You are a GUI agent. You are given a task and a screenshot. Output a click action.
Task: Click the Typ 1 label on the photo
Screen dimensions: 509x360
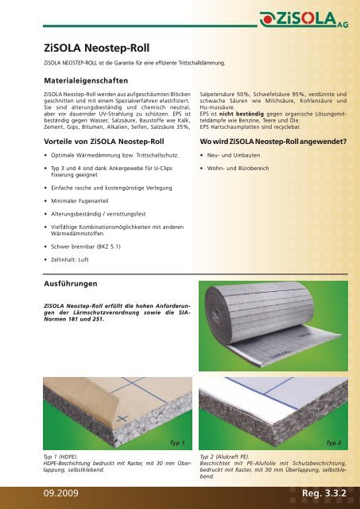click(x=177, y=441)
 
